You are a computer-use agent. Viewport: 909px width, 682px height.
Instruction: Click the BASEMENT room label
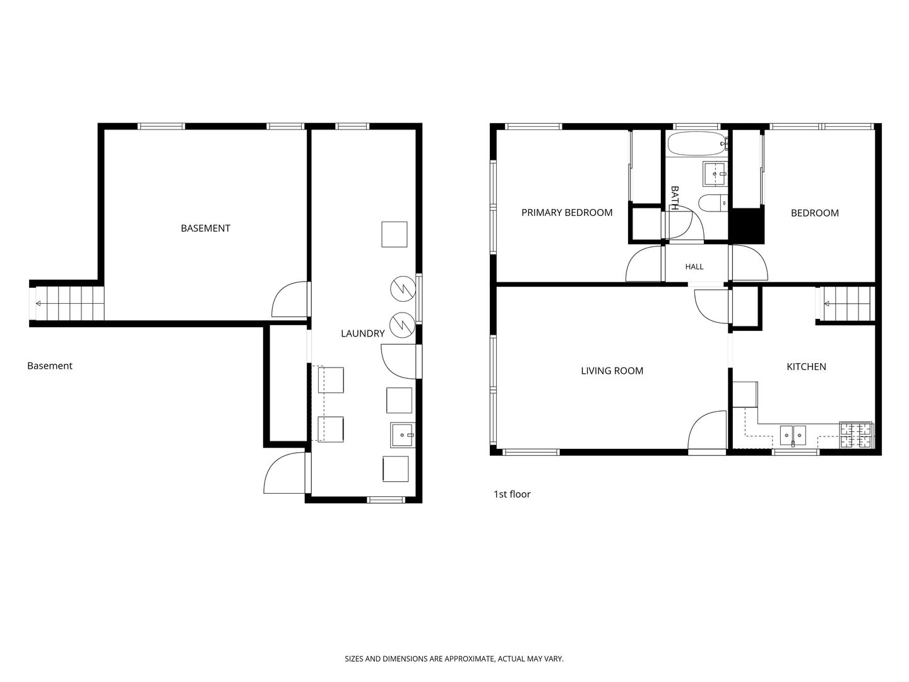click(205, 228)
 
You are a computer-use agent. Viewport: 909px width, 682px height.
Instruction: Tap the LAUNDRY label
click(363, 333)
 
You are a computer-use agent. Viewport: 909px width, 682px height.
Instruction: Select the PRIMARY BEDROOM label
click(566, 212)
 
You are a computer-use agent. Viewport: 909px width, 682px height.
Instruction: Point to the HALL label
click(694, 266)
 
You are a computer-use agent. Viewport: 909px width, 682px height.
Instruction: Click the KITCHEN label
click(806, 366)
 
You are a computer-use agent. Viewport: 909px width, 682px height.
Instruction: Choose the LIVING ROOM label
click(612, 371)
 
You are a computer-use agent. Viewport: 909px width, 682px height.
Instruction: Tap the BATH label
click(675, 198)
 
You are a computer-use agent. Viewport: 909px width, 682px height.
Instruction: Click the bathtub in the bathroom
click(698, 143)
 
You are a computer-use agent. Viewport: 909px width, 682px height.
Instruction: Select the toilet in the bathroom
click(713, 203)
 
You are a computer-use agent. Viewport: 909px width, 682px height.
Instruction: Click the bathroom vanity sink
click(715, 174)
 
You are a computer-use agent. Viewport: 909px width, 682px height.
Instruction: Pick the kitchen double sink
click(793, 435)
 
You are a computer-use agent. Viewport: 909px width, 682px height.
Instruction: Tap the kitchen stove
click(855, 435)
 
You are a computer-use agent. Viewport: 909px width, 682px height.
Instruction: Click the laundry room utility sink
click(403, 435)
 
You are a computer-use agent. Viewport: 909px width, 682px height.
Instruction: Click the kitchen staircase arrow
click(848, 304)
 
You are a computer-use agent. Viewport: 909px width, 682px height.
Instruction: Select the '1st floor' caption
click(512, 494)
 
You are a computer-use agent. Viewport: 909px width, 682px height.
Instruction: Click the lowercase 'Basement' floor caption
click(50, 366)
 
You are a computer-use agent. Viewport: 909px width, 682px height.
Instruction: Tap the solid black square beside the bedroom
click(746, 225)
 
